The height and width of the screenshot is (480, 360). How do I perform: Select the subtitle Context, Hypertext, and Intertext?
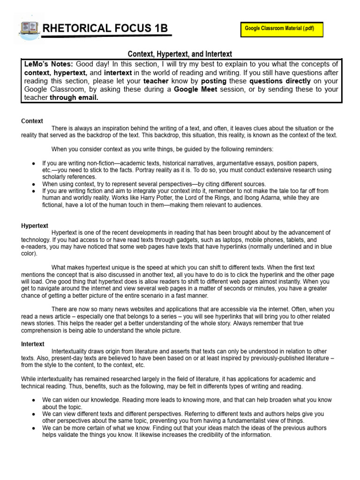click(x=180, y=54)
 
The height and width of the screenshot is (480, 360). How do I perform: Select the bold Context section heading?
click(x=32, y=121)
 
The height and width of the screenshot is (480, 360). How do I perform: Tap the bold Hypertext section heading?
click(x=35, y=225)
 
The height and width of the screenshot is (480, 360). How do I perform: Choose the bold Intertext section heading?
click(x=33, y=344)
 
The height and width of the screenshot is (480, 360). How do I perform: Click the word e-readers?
click(x=35, y=246)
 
